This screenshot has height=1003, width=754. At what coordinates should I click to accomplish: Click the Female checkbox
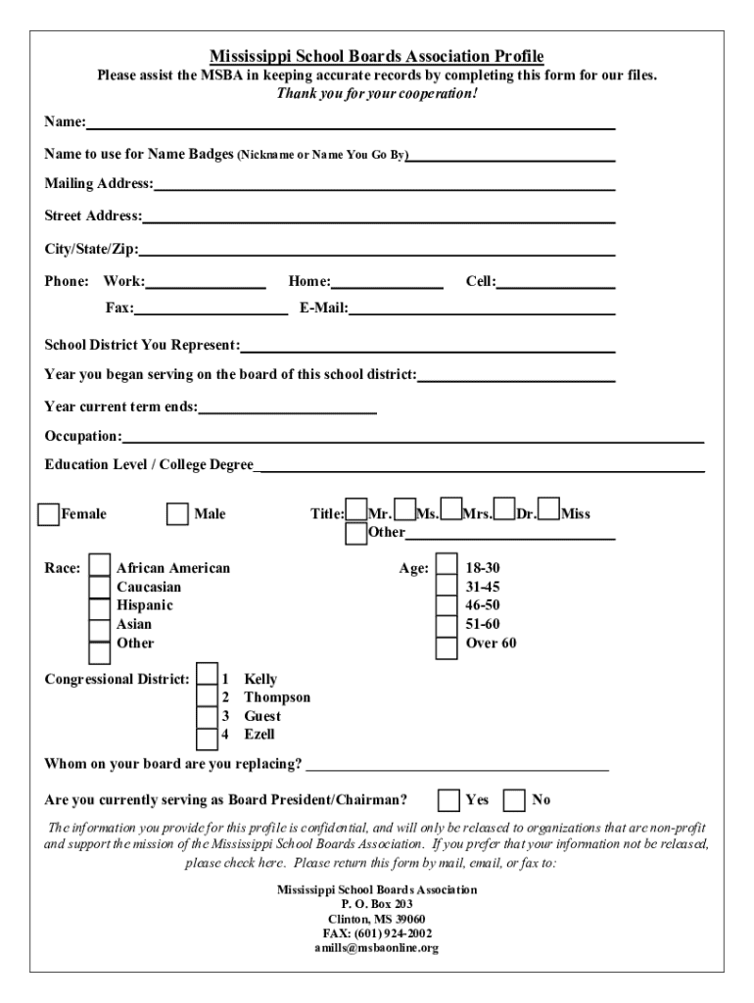coord(48,514)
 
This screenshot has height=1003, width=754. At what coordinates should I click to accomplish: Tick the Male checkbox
coord(177,514)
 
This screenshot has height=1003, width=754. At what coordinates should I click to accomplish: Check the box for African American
coord(100,566)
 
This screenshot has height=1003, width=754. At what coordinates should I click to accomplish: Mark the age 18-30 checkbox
coord(447,565)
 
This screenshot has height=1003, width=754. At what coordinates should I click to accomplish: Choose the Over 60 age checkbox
coord(447,646)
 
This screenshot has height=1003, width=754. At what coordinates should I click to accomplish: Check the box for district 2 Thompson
coord(207,696)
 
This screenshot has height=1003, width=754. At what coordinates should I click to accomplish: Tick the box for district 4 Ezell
coord(207,737)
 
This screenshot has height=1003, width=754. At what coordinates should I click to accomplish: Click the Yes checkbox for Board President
coord(448,800)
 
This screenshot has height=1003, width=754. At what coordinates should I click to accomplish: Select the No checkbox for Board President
coord(513,800)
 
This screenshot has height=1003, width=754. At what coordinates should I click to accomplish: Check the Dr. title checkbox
coord(504,509)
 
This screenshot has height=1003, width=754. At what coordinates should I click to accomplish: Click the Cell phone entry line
coord(556,283)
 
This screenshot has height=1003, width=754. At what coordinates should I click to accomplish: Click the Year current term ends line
coord(288,407)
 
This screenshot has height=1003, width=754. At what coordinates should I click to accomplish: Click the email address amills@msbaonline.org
coord(376,948)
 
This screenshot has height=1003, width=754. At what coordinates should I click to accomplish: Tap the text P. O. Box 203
coord(377,904)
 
